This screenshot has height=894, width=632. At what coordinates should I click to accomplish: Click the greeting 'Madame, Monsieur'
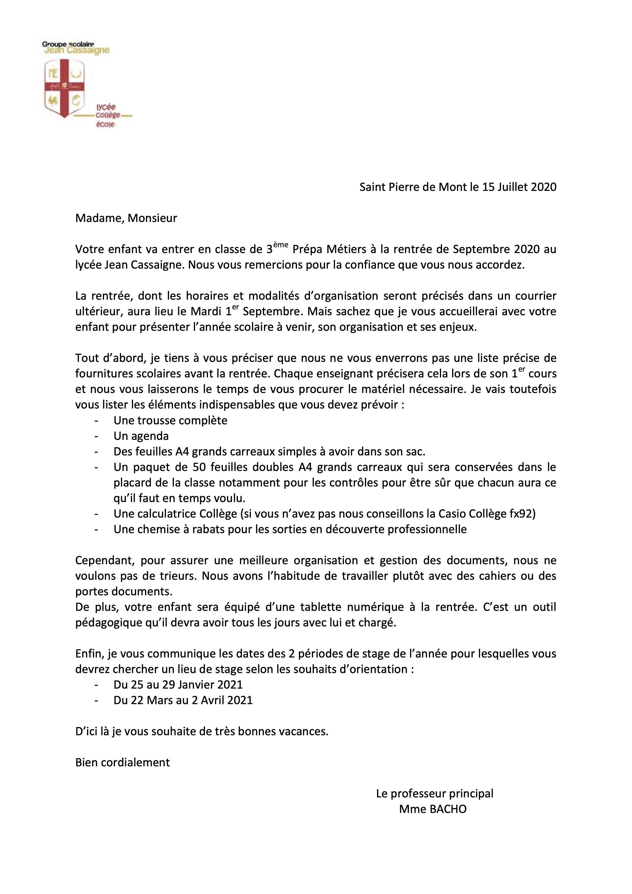(x=126, y=218)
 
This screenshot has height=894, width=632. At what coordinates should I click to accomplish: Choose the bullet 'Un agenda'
(x=141, y=436)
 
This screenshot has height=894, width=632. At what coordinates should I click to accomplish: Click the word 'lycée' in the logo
(x=106, y=107)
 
